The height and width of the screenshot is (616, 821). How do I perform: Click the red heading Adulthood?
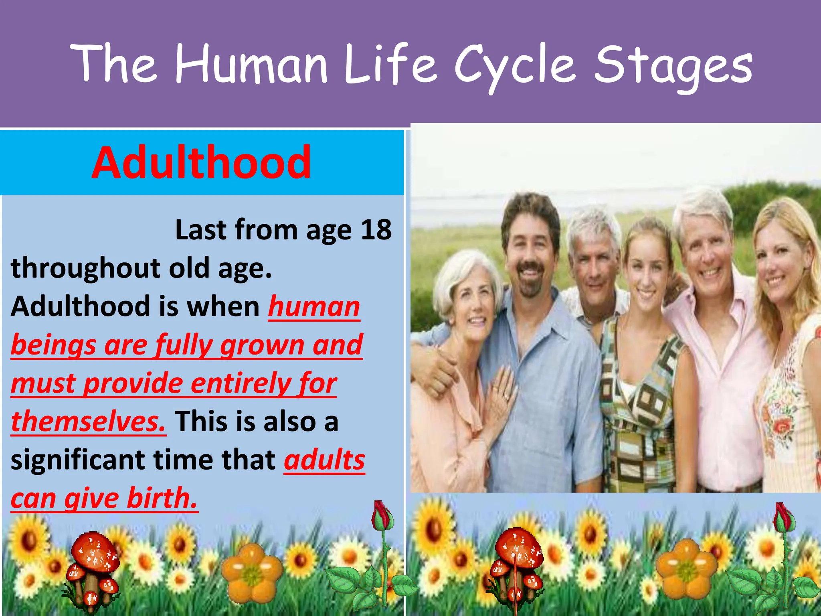pos(201,163)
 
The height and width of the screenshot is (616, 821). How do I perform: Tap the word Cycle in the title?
pos(515,66)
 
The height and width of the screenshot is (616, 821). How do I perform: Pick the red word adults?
pos(324,460)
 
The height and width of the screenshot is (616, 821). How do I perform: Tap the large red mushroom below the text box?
pos(95,553)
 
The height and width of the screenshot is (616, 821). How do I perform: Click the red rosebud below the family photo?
pos(783,517)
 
